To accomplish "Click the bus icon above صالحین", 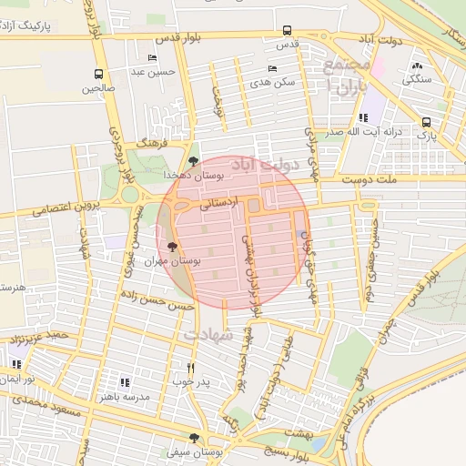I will pyautogui.click(x=98, y=75).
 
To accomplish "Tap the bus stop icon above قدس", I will pyautogui.click(x=288, y=30).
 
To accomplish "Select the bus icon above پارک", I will pyautogui.click(x=426, y=122).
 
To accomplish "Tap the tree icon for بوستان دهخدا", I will pyautogui.click(x=192, y=159).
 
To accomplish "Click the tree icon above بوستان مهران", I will pyautogui.click(x=173, y=246).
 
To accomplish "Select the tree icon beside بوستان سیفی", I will pyautogui.click(x=193, y=438).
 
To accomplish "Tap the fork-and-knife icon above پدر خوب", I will pyautogui.click(x=190, y=366).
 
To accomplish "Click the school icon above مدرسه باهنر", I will pyautogui.click(x=125, y=383).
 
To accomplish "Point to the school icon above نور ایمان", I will pyautogui.click(x=16, y=364).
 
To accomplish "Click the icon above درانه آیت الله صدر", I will pyautogui.click(x=363, y=117).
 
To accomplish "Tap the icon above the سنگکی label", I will pyautogui.click(x=418, y=66).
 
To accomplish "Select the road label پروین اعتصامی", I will pyautogui.click(x=41, y=209).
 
